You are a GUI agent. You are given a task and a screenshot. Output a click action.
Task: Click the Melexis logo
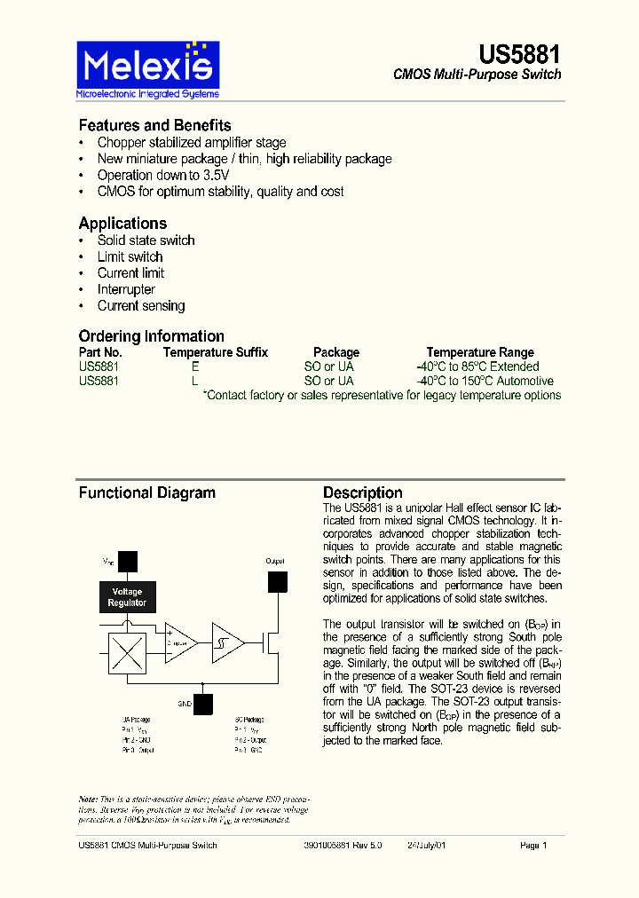(147, 69)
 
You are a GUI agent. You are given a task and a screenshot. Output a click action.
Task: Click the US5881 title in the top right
(519, 54)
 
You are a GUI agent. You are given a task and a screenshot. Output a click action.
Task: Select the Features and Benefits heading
(154, 125)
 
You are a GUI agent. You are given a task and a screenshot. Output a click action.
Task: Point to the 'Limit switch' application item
(130, 256)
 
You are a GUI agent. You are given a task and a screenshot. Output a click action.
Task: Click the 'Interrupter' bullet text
(126, 289)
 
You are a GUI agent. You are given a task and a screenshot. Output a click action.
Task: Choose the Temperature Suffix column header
(215, 352)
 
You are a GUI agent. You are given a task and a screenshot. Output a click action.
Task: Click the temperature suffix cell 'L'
(196, 381)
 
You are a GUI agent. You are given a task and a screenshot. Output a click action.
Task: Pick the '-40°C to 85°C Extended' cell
(477, 366)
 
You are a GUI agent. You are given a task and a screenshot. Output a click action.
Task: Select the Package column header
(336, 352)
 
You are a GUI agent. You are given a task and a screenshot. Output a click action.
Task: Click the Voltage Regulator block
(127, 597)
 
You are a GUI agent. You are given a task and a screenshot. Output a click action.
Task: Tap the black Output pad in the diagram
(278, 581)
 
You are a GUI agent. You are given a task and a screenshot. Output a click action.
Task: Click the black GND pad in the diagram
(203, 704)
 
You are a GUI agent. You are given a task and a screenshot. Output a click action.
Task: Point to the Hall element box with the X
(127, 655)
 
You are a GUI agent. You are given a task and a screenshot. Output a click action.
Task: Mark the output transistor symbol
(270, 643)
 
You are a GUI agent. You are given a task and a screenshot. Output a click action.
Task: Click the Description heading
(362, 492)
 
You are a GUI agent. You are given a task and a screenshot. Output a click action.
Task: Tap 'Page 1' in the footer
(533, 846)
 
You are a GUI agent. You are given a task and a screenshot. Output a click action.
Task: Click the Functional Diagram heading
(146, 492)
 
